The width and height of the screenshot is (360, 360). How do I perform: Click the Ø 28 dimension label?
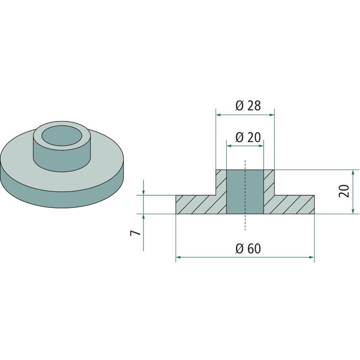[248, 106]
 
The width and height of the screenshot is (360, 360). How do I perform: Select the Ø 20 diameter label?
[248, 138]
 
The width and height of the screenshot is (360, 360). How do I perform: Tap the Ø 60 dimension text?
[248, 249]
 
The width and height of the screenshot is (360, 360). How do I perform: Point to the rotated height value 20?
[344, 190]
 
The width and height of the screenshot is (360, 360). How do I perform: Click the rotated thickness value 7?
[135, 233]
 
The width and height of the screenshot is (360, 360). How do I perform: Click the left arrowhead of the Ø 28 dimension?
[219, 115]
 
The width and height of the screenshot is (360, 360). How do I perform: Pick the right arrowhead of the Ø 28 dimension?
[272, 115]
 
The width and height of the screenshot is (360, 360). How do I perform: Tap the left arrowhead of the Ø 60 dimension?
[179, 257]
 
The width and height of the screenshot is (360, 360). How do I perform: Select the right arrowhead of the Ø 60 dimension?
[311, 257]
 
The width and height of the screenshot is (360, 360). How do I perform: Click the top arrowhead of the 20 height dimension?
[353, 172]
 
